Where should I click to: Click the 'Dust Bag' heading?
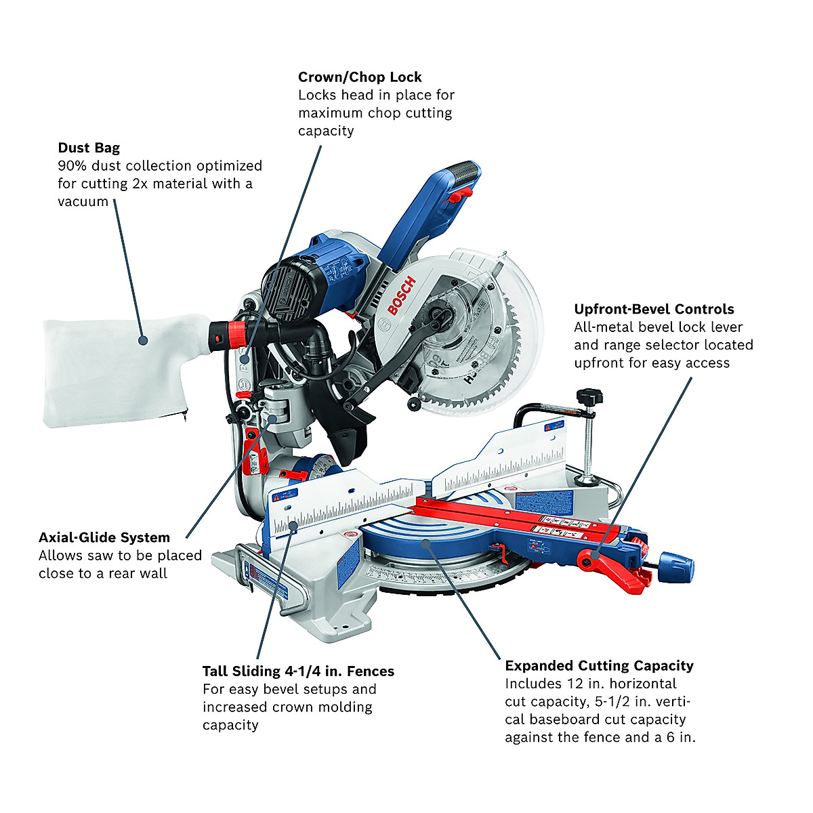coord(89,148)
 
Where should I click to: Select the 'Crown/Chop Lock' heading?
coord(360,77)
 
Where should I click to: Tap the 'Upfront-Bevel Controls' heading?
coord(654,309)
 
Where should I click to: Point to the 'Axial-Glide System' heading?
coord(104,537)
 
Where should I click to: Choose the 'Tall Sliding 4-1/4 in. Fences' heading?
coord(298,671)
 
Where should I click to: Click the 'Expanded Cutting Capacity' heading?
coord(599,666)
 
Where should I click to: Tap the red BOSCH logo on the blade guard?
coord(400,295)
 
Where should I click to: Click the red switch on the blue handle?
coord(460,196)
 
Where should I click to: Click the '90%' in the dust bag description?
coord(72,166)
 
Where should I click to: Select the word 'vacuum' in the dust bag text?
coord(83,202)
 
